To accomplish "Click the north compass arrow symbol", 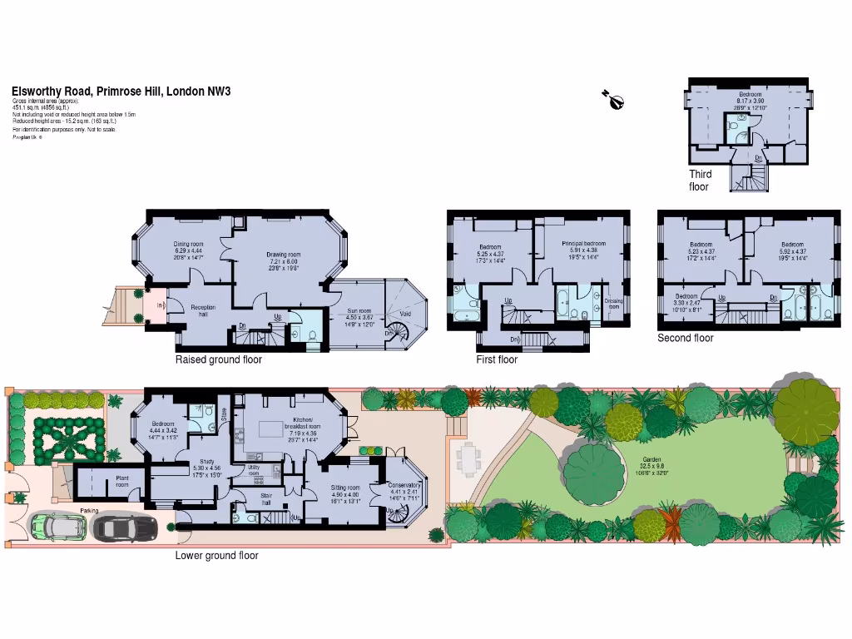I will [613, 100].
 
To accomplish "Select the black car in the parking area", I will [125, 527].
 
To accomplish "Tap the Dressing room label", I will [613, 303].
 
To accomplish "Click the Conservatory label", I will [403, 488].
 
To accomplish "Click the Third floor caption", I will [700, 181].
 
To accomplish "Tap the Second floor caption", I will [685, 338].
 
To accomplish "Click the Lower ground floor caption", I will [216, 556].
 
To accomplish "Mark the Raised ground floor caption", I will [218, 360].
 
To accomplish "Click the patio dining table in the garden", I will [471, 456].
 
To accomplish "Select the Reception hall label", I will [203, 310].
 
